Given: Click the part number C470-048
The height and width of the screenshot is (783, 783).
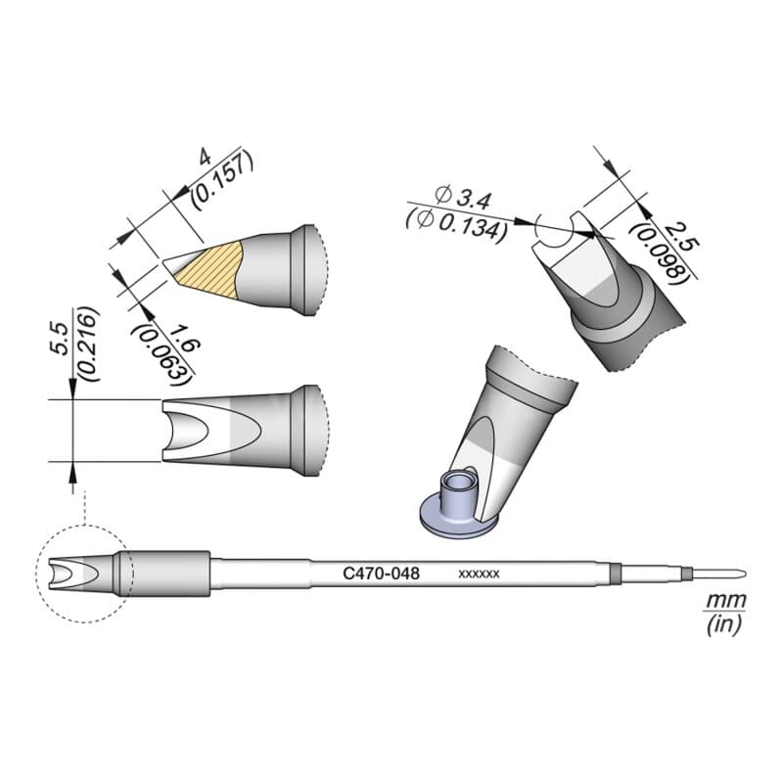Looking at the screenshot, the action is [381, 574].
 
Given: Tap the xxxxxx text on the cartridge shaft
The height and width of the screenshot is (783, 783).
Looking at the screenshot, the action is [479, 575].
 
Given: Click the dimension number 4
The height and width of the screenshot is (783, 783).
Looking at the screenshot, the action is [205, 158].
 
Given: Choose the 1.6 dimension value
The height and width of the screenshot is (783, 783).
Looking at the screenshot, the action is [185, 338].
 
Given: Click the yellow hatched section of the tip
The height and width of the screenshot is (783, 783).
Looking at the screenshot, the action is [211, 269].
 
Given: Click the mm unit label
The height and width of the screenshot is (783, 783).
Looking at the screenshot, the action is [725, 600].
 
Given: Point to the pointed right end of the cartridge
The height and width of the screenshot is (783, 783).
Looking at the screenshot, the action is [747, 573].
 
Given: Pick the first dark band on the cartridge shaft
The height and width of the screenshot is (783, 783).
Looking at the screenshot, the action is [616, 574].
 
